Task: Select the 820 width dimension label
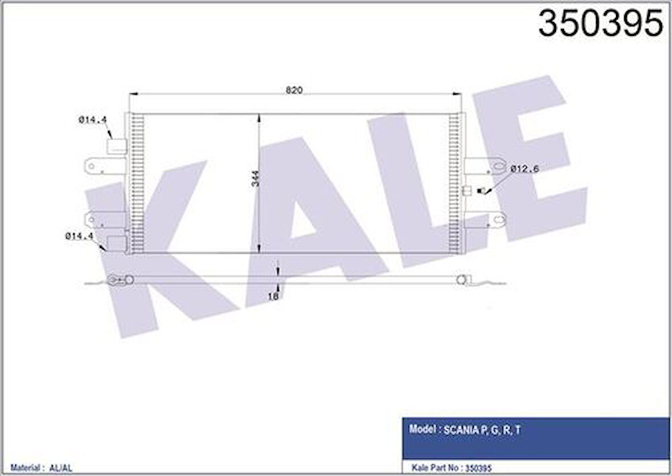point(294,90)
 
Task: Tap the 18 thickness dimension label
point(274,296)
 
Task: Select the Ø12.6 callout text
point(525,169)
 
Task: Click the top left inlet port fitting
point(116,147)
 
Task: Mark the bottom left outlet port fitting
point(116,244)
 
